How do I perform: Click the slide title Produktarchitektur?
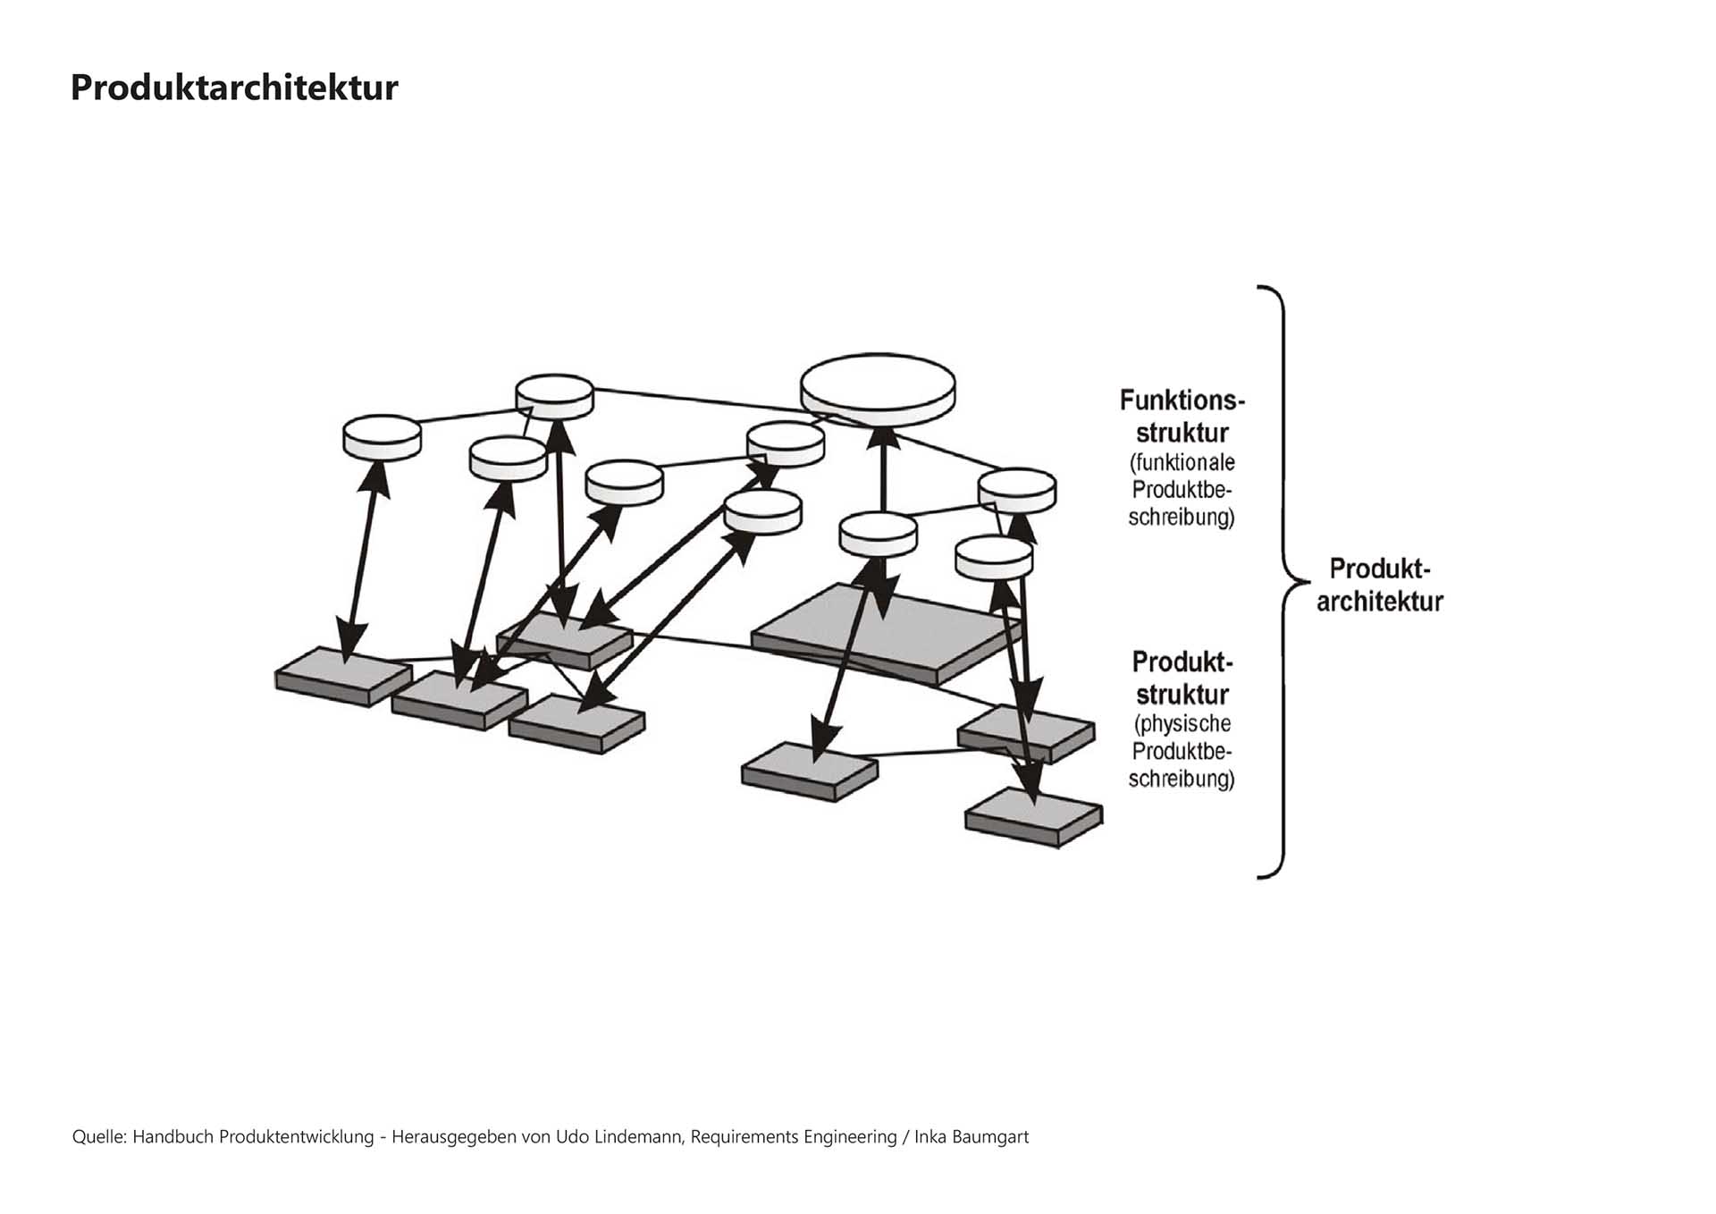[x=234, y=88]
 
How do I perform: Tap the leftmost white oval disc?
[x=382, y=435]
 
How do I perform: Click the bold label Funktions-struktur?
[x=1182, y=416]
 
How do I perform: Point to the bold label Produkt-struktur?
[x=1182, y=678]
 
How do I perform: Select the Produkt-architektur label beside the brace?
[x=1379, y=585]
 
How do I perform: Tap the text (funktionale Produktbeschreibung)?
[x=1182, y=490]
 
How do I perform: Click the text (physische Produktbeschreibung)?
[x=1182, y=751]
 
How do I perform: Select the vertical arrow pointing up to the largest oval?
[x=883, y=469]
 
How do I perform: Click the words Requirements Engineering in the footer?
[x=794, y=1137]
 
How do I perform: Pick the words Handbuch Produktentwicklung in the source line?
[x=253, y=1137]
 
